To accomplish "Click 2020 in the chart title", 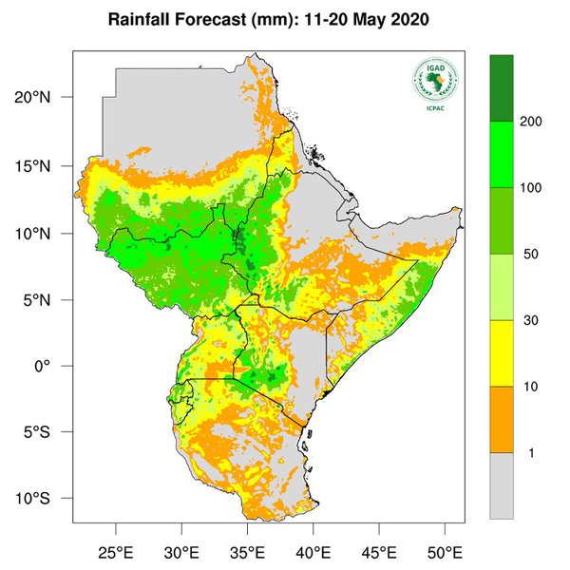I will point(411,19).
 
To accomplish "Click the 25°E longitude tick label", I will point(116,551).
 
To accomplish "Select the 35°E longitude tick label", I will point(247,551).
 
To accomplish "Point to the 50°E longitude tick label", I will point(445,551).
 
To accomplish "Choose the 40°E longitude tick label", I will point(313,551).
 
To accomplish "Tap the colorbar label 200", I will point(530,123).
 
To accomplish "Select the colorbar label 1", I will point(530,453).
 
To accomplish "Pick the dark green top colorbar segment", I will point(502,88).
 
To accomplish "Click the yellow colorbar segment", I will point(502,353).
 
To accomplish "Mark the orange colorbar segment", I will point(502,419).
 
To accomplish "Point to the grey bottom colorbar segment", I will point(502,484).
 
